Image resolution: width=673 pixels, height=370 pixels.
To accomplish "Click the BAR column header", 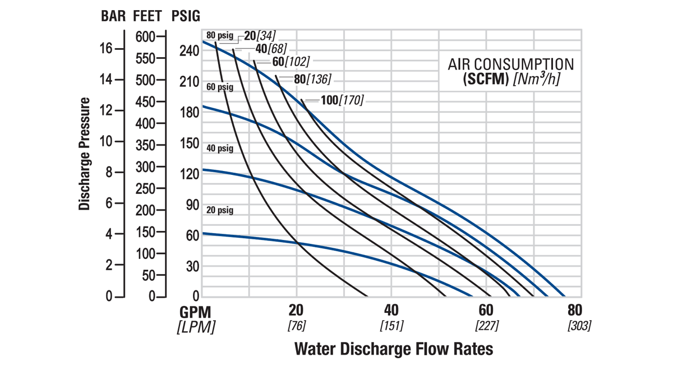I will point(113,16).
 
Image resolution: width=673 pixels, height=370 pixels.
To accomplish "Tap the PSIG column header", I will point(185,16).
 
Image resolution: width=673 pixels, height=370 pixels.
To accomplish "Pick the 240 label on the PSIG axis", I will point(190,51).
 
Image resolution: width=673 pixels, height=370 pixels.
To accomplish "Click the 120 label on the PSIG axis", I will point(190,174).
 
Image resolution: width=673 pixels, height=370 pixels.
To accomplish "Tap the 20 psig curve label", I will point(219,210).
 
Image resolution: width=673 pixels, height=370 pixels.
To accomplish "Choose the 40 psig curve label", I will point(219,149).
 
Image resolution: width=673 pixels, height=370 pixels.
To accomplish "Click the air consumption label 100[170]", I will point(342,100).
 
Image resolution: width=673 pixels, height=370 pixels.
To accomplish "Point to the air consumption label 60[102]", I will point(291,61).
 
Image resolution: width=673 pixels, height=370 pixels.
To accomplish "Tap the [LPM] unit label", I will point(196,327).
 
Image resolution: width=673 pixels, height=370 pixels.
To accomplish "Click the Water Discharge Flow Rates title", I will point(394,349).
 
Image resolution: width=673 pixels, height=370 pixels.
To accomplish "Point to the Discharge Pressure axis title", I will point(85,154).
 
